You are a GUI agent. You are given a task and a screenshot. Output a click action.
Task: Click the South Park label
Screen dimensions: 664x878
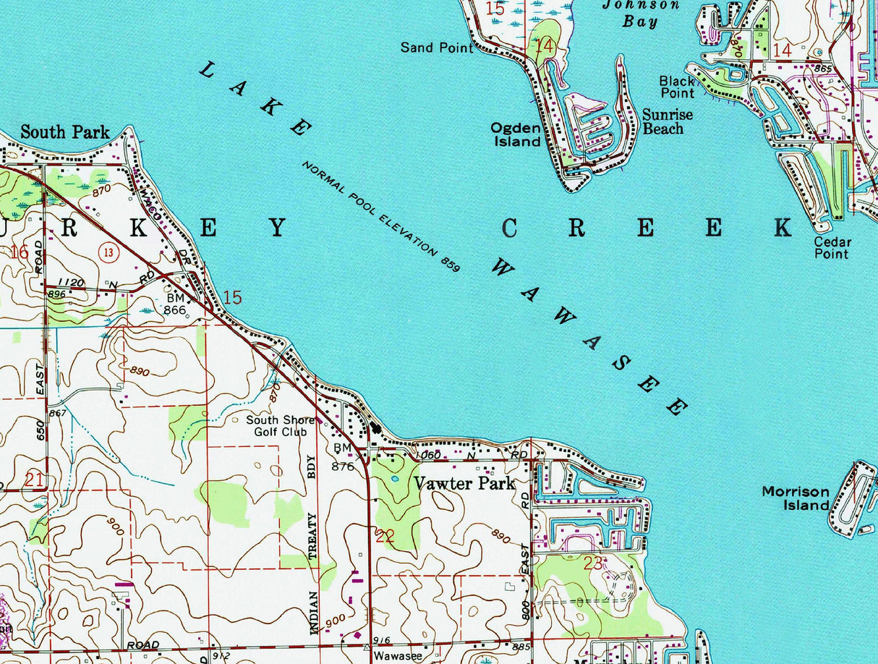tap(65, 132)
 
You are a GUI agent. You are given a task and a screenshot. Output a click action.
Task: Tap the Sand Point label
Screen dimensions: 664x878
tap(437, 48)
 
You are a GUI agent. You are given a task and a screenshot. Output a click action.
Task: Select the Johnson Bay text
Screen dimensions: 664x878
tap(642, 12)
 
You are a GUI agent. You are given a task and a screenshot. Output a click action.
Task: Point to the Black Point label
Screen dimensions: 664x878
tap(677, 87)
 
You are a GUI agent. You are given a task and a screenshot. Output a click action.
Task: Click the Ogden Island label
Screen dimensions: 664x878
tap(516, 135)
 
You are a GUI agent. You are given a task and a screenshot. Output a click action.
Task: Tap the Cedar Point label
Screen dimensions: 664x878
tap(832, 247)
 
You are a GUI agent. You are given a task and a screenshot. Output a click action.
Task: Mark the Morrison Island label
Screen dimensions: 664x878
tap(796, 498)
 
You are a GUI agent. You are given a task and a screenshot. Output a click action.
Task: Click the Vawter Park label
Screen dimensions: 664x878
tap(464, 483)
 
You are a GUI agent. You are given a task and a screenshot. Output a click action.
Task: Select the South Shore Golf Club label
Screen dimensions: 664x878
tap(280, 426)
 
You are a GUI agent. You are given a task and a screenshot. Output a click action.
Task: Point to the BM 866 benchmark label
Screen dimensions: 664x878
tap(175, 304)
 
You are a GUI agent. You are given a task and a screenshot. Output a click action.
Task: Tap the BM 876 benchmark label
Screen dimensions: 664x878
tap(343, 458)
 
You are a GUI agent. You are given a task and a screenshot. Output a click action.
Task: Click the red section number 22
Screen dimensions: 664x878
tap(385, 536)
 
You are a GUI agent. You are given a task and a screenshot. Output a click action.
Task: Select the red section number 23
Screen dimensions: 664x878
tap(592, 563)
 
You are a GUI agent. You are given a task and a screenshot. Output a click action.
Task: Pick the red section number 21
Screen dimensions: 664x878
tap(33, 479)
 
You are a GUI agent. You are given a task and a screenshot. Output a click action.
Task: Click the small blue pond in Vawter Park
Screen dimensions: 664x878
tap(393, 479)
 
